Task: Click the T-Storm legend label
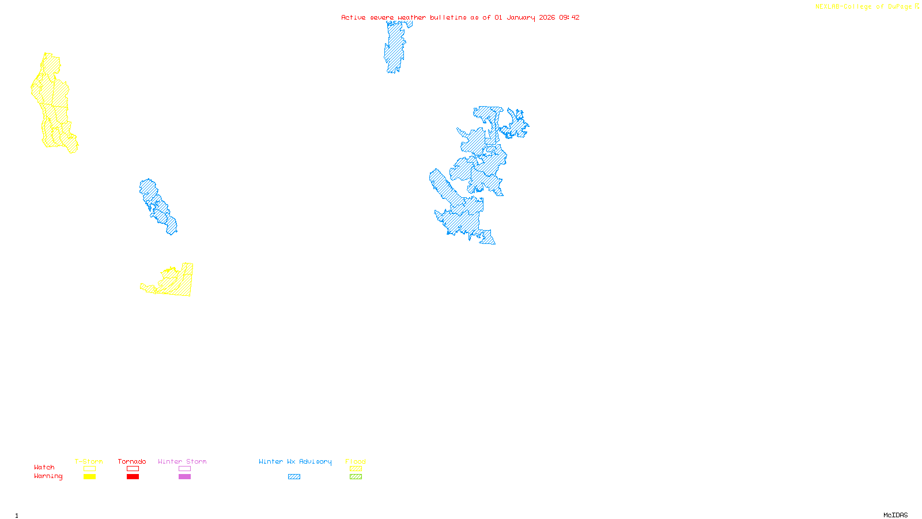tap(89, 461)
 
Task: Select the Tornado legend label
tap(132, 461)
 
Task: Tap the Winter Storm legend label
tap(182, 461)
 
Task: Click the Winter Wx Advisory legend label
tap(295, 461)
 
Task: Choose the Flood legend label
tap(356, 461)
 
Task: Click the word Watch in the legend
tap(44, 467)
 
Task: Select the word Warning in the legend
tap(48, 476)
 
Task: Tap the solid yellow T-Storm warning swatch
tap(89, 477)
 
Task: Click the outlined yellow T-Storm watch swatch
tap(89, 469)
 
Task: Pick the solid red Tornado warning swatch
tap(133, 477)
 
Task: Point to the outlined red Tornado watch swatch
tap(133, 469)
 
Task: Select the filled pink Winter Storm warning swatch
tap(184, 477)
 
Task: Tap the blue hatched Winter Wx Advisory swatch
tap(294, 477)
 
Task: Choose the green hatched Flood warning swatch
tap(356, 477)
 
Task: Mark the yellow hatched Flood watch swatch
tap(356, 469)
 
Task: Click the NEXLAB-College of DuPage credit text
tap(864, 7)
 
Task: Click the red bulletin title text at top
tap(460, 17)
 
